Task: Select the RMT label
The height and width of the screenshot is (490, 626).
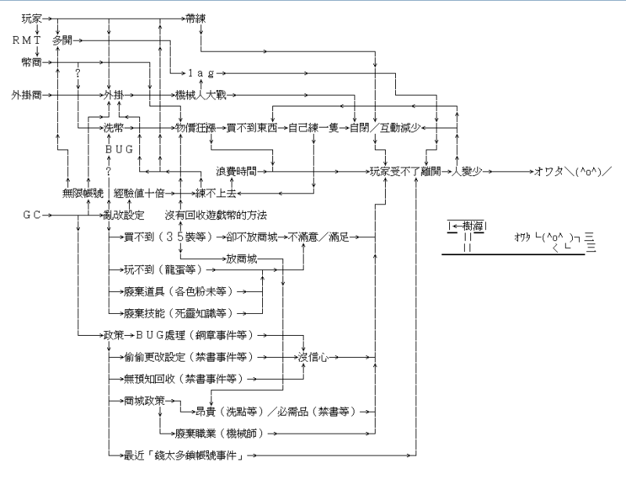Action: point(28,38)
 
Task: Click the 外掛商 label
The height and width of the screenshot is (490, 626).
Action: point(27,95)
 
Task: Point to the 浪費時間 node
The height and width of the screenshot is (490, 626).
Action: point(236,170)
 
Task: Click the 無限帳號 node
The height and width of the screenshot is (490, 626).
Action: point(83,193)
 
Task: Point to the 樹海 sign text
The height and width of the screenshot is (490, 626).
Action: point(472,226)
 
